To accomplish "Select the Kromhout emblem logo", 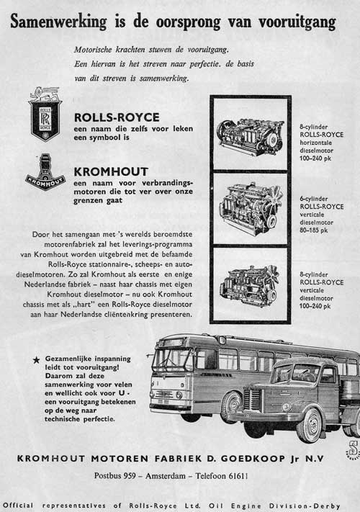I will tap(45, 172).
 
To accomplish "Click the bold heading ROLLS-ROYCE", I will tap(117, 117).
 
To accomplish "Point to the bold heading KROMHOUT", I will tap(111, 172).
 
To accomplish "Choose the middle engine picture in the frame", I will tap(250, 208).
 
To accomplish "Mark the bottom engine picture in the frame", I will tap(250, 283).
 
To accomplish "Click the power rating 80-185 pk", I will tap(315, 230).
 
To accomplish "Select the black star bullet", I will tap(35, 359).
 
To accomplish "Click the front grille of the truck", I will tap(253, 400).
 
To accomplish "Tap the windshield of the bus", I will tap(171, 359).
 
